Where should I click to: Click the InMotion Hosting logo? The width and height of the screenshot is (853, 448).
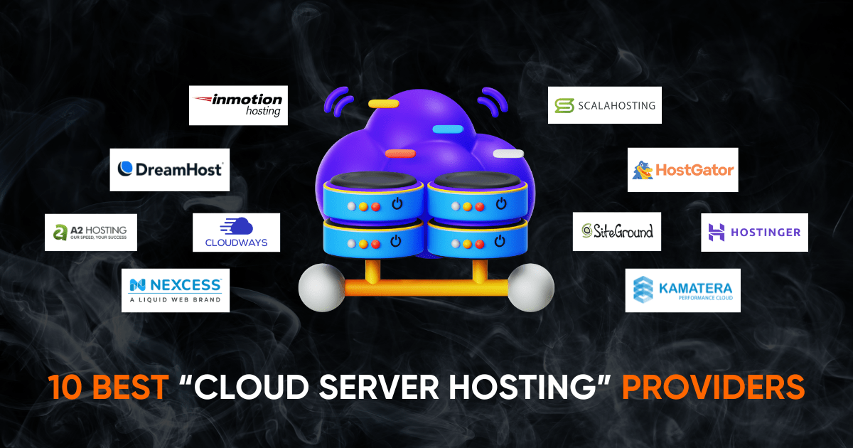239,105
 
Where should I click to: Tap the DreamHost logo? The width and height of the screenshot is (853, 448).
170,169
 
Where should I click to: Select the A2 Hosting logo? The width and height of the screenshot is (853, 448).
91,232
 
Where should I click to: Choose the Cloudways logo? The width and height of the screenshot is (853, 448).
236,233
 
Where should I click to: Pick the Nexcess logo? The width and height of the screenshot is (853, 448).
175,289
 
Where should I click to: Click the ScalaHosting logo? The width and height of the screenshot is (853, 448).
605,105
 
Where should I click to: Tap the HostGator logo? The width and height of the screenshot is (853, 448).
683,170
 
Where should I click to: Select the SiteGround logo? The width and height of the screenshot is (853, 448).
617,231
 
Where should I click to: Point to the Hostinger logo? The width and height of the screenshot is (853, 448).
754,233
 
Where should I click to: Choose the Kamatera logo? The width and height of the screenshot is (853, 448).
682,290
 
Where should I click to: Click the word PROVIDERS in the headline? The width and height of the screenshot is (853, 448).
713,388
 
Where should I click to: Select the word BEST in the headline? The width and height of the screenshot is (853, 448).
134,388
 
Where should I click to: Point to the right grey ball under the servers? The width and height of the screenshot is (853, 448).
531,287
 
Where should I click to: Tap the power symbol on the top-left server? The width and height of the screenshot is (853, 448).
395,205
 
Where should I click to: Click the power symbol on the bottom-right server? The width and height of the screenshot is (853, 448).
501,242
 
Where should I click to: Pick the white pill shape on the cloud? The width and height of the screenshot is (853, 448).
508,153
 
